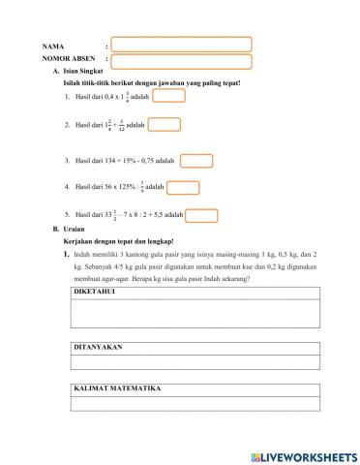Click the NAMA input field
click(x=181, y=44)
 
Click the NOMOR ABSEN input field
click(x=181, y=61)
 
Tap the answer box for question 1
click(x=168, y=95)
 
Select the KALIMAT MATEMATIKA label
click(x=117, y=388)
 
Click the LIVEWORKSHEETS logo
click(x=302, y=454)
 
